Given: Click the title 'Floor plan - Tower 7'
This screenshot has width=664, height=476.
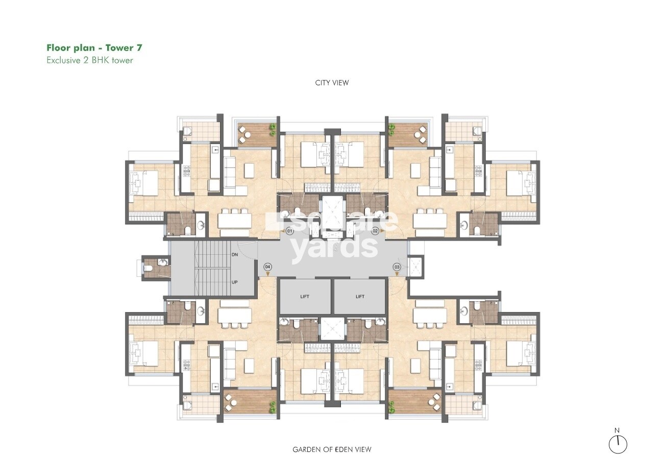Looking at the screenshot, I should point(94,48).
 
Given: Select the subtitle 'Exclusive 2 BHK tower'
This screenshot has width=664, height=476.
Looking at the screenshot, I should point(90,60).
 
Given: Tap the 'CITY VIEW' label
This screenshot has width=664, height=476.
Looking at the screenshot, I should point(332,82).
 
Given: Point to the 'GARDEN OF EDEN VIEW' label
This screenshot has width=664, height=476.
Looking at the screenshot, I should point(332,449).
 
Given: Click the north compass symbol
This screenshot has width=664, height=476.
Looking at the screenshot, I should point(618,444).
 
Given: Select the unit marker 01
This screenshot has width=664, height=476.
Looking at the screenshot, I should point(290,230).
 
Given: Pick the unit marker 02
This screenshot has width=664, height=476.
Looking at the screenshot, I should point(375,230).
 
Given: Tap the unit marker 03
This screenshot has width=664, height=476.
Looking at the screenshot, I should point(397,267).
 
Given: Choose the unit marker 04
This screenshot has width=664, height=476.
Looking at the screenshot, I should point(267,267).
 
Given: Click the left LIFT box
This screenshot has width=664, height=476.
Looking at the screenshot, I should point(305,296).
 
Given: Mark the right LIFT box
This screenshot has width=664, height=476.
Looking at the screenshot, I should point(360,296).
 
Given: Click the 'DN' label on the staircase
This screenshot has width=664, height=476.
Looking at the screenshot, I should point(235,254).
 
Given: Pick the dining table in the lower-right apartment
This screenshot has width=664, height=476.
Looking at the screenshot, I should point(430,316).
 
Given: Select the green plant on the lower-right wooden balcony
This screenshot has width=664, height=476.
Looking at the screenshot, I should point(391,407).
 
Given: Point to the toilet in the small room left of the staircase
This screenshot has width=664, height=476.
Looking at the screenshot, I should point(148,267).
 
